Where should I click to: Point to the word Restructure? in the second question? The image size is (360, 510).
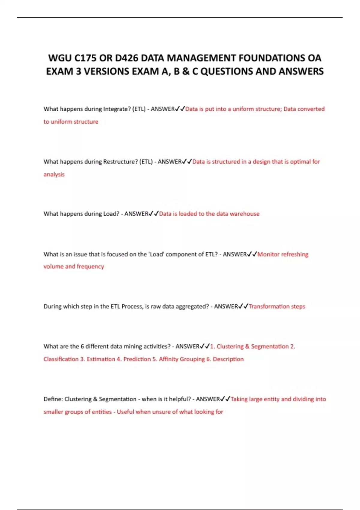(120, 162)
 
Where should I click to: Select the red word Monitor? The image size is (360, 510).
(268, 254)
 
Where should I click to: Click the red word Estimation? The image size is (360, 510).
(101, 359)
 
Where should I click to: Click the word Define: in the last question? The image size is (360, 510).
(53, 399)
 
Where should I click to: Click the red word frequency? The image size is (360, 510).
(90, 267)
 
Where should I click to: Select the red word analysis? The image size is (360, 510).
(54, 175)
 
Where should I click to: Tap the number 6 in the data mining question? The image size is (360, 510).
(82, 346)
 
